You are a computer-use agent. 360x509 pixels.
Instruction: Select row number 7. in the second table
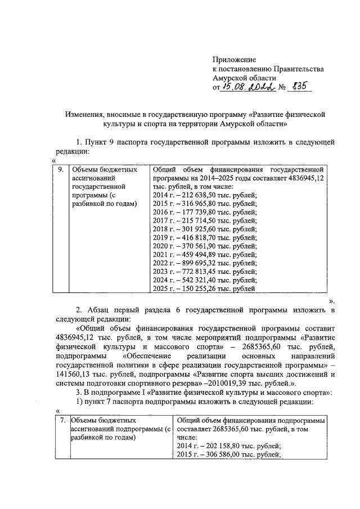click(63, 420)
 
